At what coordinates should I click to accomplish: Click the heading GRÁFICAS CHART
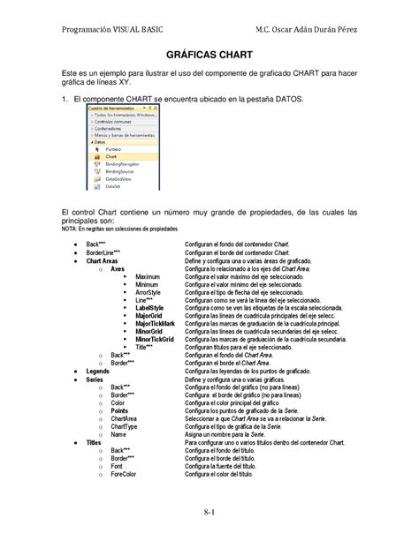click(x=209, y=55)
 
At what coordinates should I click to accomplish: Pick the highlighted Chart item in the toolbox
click(x=110, y=157)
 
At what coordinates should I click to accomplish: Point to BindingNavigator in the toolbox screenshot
click(x=120, y=164)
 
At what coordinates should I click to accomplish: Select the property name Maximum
click(x=148, y=277)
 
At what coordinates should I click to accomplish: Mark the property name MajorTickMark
click(x=155, y=324)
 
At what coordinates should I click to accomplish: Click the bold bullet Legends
click(x=98, y=372)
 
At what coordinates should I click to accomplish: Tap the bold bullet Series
click(x=96, y=379)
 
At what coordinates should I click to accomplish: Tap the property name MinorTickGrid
click(x=155, y=339)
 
